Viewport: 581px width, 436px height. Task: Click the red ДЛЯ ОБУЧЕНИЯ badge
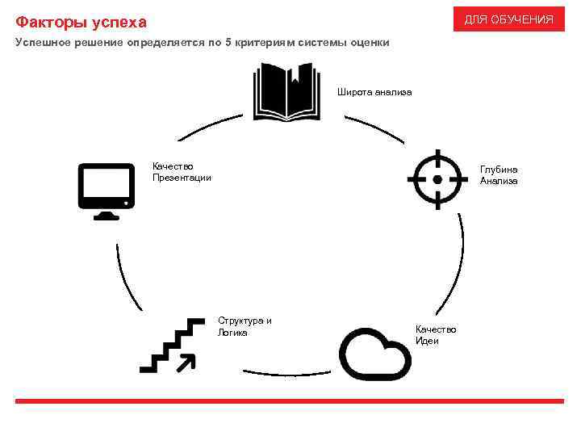point(508,19)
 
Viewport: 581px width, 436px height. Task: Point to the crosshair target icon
point(437,178)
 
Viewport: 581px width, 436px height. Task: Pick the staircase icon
point(172,346)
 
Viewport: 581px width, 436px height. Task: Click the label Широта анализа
point(374,92)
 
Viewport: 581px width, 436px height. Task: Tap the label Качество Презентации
point(182,172)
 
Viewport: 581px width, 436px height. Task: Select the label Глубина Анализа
point(499,175)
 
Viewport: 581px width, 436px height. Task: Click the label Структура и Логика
point(245,326)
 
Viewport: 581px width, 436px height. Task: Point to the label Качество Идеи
point(435,335)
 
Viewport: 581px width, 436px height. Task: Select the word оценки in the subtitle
point(370,42)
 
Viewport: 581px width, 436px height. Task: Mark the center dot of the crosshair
point(437,178)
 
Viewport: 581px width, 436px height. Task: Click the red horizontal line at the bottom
point(290,401)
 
